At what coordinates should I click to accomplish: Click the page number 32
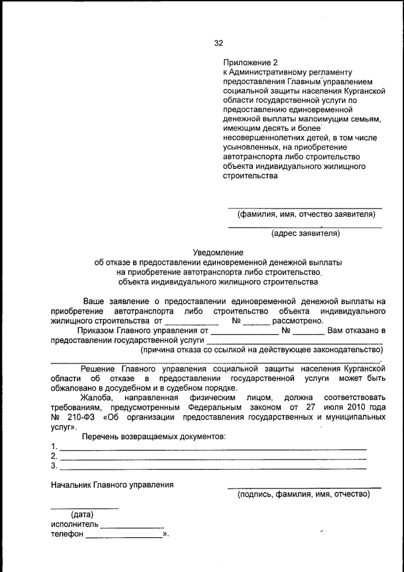point(218,43)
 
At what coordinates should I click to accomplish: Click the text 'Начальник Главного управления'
point(112,485)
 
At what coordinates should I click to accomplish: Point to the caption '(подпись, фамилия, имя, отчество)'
point(304,494)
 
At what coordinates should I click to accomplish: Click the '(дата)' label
point(83,514)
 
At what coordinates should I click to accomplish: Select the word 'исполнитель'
point(74,524)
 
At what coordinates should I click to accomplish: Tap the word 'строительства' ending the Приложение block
point(250,176)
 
